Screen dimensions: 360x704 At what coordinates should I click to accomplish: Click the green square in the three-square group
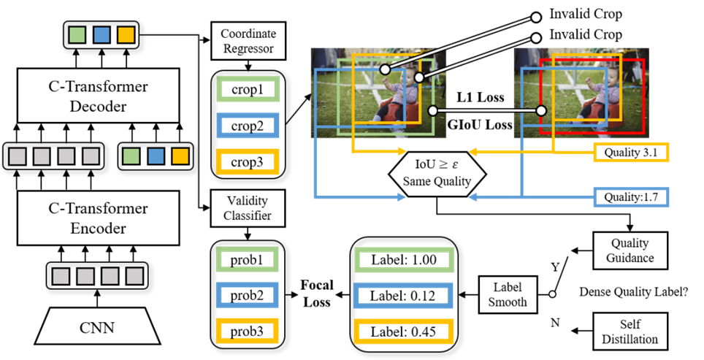coord(77,35)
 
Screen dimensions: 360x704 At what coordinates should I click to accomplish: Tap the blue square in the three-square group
coord(102,35)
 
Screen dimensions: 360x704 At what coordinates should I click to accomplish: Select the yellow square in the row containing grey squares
coord(180,156)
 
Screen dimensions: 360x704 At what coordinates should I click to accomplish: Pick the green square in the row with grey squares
coord(131,156)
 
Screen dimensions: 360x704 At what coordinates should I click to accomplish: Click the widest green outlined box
coord(404,260)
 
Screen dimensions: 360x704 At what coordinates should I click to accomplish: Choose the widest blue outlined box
coord(403,295)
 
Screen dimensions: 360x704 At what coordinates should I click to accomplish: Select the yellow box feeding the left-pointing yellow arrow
coord(631,153)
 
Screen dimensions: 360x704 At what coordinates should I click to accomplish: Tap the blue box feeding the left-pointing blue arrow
coord(631,197)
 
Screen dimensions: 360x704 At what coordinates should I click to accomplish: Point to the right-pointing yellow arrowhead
coord(402,152)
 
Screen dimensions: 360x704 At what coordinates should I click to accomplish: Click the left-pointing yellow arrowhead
coord(472,152)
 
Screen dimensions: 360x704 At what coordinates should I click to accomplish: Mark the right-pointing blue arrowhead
coord(402,197)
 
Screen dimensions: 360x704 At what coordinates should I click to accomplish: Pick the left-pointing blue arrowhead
coord(472,197)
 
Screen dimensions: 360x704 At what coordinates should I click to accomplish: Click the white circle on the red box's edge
coord(541,111)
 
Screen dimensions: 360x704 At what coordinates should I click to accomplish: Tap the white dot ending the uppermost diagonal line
coord(535,18)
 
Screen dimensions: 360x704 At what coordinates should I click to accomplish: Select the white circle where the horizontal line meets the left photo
coord(433,111)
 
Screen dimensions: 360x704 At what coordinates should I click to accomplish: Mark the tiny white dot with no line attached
coord(552,294)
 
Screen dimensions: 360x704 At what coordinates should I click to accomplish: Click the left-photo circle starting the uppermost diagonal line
coord(385,69)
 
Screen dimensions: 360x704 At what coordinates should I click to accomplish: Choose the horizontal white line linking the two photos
coord(487,111)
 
